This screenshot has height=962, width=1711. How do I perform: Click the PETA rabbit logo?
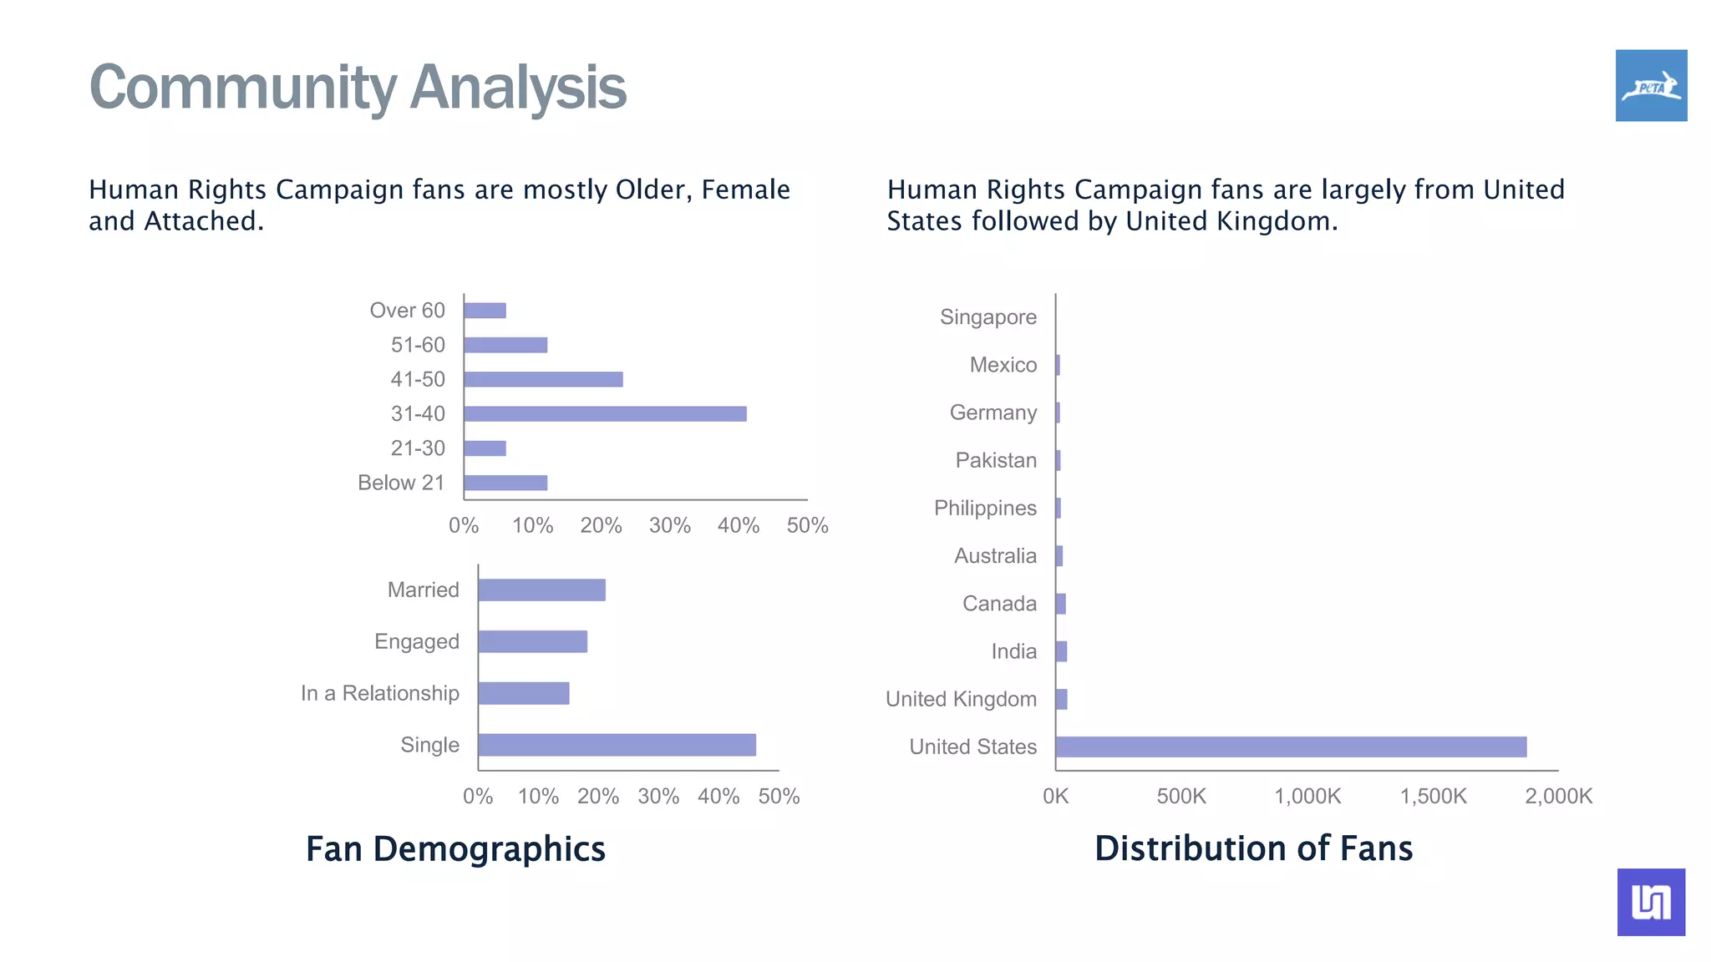coord(1651,85)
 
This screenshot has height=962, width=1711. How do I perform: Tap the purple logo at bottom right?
coord(1651,902)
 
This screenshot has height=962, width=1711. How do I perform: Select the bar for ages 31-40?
coord(605,413)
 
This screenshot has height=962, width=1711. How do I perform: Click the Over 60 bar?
coord(485,311)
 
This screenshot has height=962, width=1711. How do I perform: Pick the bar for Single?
coord(617,745)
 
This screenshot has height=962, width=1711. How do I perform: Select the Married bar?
coord(541,590)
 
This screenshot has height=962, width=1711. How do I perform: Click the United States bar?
coord(1291,747)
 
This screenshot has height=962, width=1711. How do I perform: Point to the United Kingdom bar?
coord(1061,699)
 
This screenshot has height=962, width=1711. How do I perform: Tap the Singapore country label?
coord(988,317)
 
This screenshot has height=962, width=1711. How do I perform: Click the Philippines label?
coord(985,508)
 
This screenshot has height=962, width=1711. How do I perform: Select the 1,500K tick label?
coord(1433,796)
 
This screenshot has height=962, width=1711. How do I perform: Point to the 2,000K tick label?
coord(1558,796)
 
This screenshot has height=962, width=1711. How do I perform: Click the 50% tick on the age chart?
coord(807,525)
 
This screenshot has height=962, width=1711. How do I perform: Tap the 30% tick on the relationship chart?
coord(658,796)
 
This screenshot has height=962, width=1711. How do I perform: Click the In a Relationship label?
coord(380,693)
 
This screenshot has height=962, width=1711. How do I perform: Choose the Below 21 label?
coord(401,483)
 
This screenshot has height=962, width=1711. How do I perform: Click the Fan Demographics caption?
coord(455,848)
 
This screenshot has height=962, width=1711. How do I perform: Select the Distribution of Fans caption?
coord(1253,848)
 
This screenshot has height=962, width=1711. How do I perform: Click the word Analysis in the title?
coord(518,87)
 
